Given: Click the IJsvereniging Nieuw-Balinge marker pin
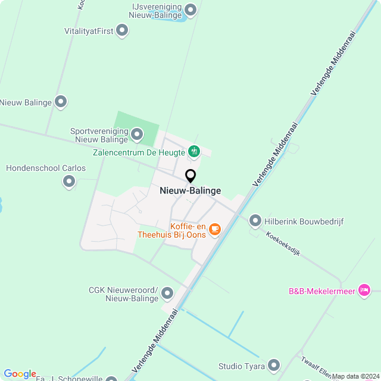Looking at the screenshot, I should coord(190,10).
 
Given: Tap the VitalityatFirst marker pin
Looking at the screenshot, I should coord(122,30).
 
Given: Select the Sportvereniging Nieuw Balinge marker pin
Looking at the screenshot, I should coord(138,135).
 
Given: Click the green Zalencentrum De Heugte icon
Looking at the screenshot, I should coord(193,152).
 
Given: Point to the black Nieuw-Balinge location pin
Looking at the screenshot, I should coord(190,176).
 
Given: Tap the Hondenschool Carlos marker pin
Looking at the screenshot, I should coord(69,181).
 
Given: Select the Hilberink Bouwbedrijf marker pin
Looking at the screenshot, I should coord(255,221).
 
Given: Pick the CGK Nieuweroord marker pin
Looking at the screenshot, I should coord(167,293).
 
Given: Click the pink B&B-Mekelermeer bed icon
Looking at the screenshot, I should coord(364,291).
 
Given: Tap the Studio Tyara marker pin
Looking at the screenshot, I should coord(274,364).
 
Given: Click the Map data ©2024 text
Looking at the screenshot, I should coord(355,376).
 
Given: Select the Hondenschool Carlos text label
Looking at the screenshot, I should coord(46,168).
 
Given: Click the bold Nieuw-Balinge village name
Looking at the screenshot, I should coord(190,191).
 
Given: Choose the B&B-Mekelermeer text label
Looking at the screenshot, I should coord(321,291).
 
